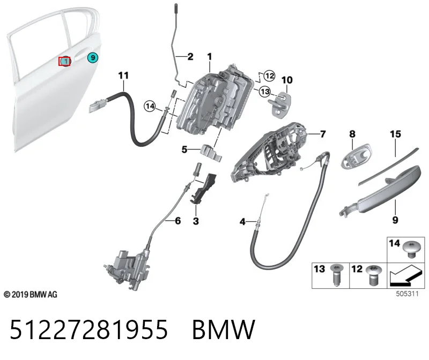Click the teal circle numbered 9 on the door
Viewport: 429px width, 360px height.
(x=93, y=58)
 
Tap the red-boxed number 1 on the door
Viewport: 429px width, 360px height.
(x=65, y=61)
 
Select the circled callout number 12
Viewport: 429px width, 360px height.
(x=270, y=76)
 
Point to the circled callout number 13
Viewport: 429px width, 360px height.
(x=265, y=91)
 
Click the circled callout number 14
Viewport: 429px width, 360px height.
(x=150, y=106)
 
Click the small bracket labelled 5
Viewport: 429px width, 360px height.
(x=211, y=153)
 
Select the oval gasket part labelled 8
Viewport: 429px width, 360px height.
(x=357, y=156)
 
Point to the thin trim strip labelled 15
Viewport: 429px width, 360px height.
(x=388, y=166)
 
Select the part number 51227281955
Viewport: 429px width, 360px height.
(x=88, y=329)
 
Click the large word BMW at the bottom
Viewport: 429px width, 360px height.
(x=224, y=329)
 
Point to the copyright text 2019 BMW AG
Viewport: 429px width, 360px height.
(x=31, y=295)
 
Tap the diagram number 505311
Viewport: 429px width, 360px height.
(x=407, y=294)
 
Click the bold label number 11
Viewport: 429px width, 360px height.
(x=123, y=75)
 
